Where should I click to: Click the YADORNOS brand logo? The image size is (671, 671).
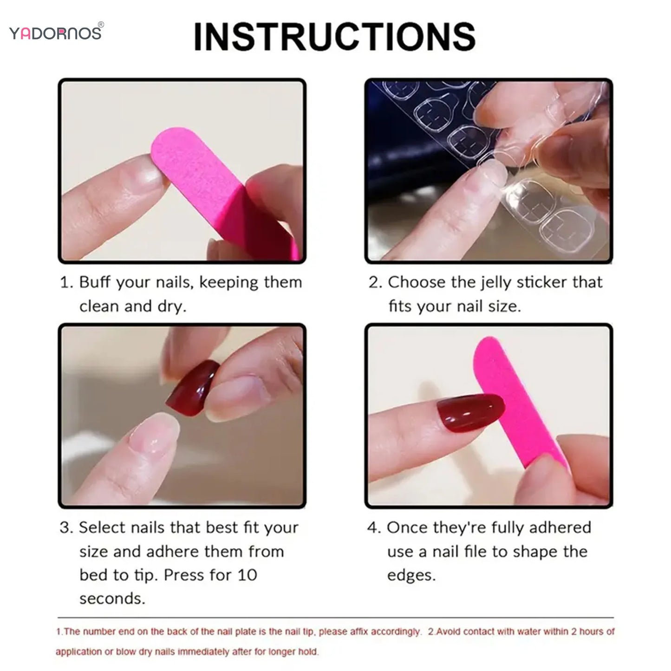55,33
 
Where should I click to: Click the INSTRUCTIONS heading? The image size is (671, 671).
334,37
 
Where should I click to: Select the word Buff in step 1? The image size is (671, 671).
96,282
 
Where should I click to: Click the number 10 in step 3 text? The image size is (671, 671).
247,575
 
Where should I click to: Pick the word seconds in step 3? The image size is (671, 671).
112,599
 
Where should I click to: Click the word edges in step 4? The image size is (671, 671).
411,575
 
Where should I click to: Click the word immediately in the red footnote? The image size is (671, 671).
204,652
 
